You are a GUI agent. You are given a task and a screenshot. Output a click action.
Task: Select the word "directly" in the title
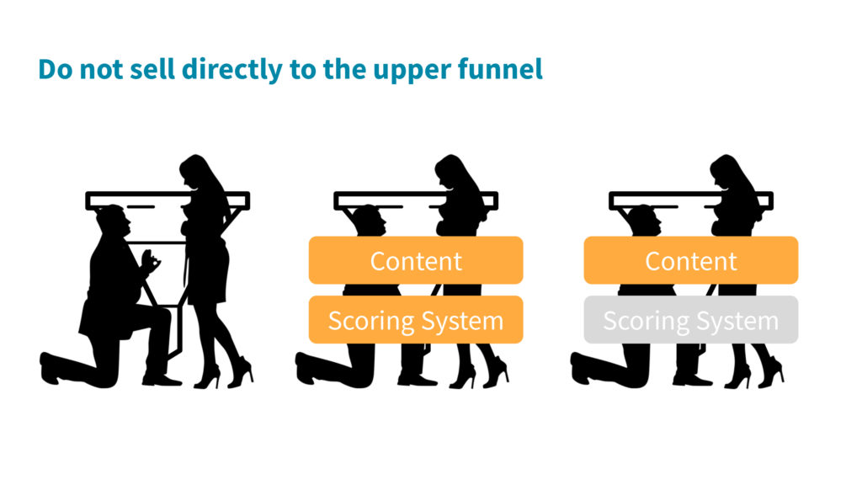coord(231,70)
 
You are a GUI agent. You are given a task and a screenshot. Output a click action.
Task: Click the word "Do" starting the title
coord(55,69)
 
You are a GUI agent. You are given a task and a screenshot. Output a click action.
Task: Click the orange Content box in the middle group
coord(416,260)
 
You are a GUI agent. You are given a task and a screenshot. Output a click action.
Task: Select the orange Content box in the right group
coord(690,260)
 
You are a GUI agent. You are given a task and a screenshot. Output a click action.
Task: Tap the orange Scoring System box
coord(416,319)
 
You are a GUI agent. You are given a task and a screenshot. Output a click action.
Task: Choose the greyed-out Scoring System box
coord(690,319)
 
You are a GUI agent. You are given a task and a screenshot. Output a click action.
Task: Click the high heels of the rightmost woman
coord(753,373)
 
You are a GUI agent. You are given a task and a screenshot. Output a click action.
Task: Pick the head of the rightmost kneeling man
coord(644,220)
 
